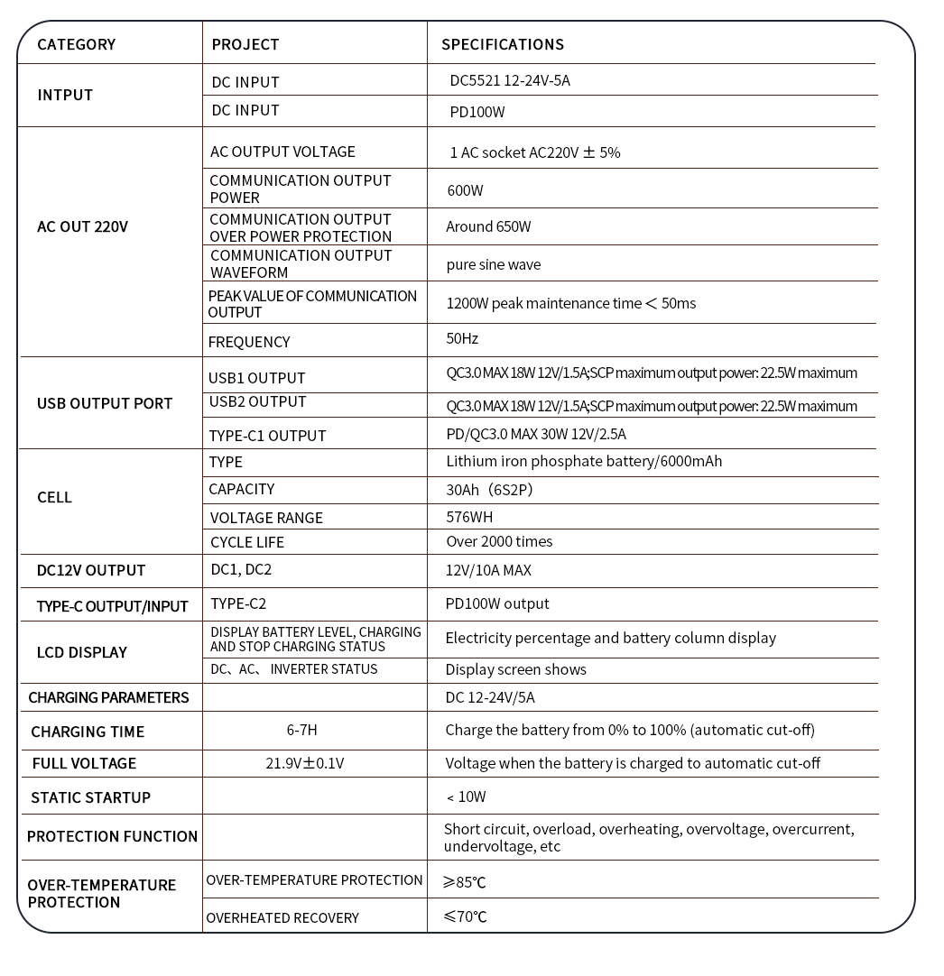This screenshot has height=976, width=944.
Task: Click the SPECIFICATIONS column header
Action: tap(503, 44)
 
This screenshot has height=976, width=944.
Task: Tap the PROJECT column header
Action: tap(245, 44)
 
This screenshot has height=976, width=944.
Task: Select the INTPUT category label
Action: tap(65, 95)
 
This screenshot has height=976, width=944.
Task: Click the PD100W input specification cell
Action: tap(477, 113)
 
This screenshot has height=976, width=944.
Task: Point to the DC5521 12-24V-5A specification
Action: tap(510, 80)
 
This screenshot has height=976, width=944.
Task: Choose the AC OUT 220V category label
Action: tap(82, 226)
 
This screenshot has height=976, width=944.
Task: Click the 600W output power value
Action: tap(466, 190)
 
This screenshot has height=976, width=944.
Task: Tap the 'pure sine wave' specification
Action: tap(494, 264)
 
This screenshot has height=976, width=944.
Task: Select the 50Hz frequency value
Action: tap(462, 338)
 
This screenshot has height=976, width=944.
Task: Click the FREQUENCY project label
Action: tap(249, 342)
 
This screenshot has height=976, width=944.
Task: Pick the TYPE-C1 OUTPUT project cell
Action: tap(267, 436)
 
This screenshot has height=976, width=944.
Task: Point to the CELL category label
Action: tap(54, 497)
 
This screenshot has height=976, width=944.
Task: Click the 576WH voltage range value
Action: tap(469, 517)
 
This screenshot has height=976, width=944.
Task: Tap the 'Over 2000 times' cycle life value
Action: tap(499, 541)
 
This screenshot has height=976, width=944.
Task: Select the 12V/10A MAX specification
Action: tap(488, 570)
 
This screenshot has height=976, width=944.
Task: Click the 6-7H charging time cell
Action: tap(301, 731)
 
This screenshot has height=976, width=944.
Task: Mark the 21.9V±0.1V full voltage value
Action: tap(304, 763)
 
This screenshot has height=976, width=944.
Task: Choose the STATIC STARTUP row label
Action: tap(90, 797)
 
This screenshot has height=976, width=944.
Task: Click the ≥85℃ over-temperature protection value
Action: tap(464, 882)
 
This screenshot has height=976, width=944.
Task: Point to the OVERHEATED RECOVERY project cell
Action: tap(282, 917)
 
